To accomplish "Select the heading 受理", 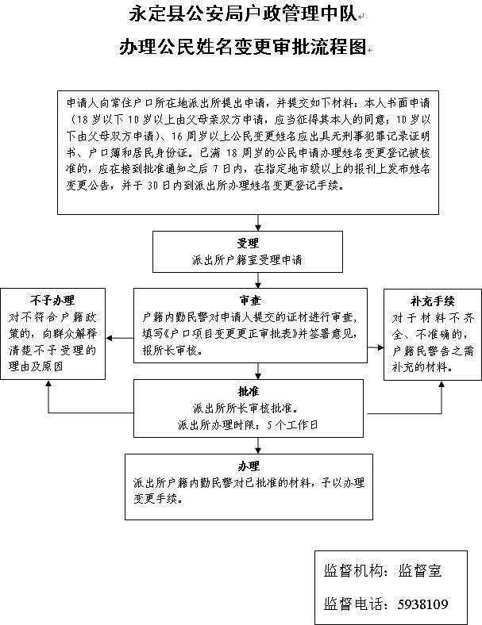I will point(247,243).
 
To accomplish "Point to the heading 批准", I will point(247,393).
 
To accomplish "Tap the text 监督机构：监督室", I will point(383,570).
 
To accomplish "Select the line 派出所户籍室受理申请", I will point(247,259).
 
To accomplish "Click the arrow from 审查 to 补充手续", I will point(375,347).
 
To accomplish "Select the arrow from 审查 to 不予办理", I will point(119,339).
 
